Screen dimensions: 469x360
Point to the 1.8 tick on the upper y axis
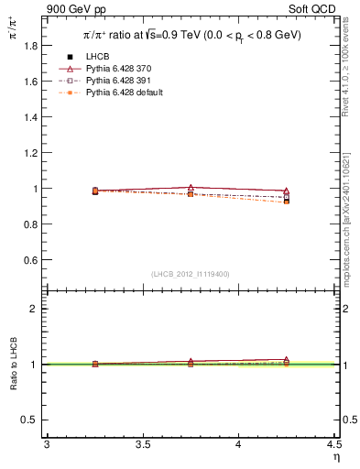click(x=30, y=45)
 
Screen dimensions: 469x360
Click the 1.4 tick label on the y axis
click(x=30, y=116)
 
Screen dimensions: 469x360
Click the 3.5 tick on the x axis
click(x=142, y=444)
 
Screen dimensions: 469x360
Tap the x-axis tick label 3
click(x=46, y=444)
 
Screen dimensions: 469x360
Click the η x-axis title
click(x=335, y=456)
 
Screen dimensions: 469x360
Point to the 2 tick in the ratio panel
click(x=34, y=309)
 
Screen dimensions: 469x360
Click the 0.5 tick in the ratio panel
click(x=30, y=420)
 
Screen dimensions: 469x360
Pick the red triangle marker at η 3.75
click(x=191, y=187)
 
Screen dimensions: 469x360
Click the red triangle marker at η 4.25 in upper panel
click(x=287, y=191)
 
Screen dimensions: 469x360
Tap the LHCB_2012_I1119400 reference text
click(x=191, y=274)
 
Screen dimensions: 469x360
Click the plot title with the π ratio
click(x=191, y=36)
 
